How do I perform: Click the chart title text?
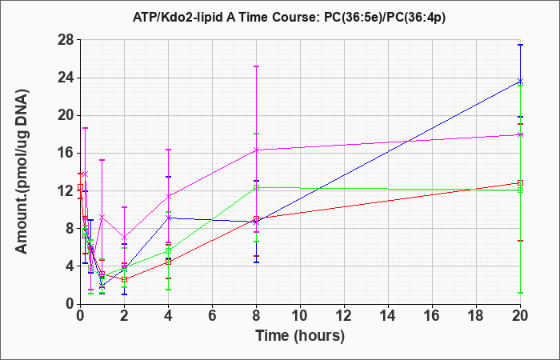tap(289, 17)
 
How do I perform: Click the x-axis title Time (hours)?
tap(300, 336)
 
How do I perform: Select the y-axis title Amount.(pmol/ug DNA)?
tap(22, 171)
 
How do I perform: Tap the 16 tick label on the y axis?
tap(66, 154)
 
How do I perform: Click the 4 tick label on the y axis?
tap(70, 266)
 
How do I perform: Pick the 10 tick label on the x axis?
tap(300, 316)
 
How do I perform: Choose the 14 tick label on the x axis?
tap(388, 316)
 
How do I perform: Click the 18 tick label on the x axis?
tap(476, 316)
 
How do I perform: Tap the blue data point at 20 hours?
tap(520, 82)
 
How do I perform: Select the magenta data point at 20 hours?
tap(520, 134)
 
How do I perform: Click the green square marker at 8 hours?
tap(256, 187)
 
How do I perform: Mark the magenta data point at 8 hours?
tap(256, 150)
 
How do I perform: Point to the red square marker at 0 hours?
tap(80, 186)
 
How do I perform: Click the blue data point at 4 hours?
tap(168, 218)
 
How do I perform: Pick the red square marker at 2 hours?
tap(124, 280)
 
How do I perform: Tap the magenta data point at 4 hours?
tap(168, 196)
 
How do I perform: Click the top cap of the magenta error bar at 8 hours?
tap(256, 66)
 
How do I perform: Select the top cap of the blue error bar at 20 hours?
tap(520, 45)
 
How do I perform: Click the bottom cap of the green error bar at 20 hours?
tap(520, 293)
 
